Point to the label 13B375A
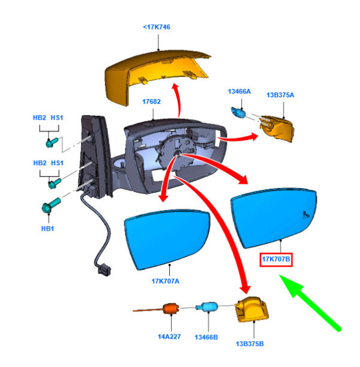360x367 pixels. (x=282, y=94)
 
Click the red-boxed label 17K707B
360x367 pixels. (x=276, y=259)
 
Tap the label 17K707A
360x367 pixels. (x=166, y=279)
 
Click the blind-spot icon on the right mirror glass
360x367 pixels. (x=307, y=214)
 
